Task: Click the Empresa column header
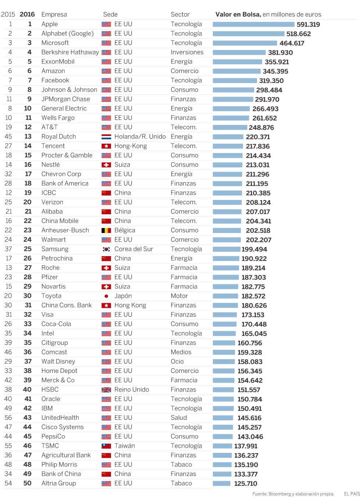tap(54, 14)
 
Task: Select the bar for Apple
tap(253, 24)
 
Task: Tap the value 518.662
tap(298, 34)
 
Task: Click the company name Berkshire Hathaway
tap(70, 52)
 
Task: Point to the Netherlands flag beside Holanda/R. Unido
tap(106, 137)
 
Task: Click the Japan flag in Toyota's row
tap(106, 296)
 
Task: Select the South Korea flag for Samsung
tap(106, 249)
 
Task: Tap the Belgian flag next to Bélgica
tap(106, 230)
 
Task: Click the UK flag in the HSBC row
tap(106, 390)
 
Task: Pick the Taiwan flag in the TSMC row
tap(106, 446)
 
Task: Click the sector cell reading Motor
tap(179, 296)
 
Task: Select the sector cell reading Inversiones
tap(187, 52)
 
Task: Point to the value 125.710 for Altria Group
tap(246, 484)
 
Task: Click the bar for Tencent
tap(228, 146)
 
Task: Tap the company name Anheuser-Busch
tap(65, 230)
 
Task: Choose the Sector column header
tap(180, 14)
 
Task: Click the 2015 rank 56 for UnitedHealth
tap(8, 418)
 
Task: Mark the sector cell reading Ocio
tap(177, 362)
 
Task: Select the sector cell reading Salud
tap(179, 418)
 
